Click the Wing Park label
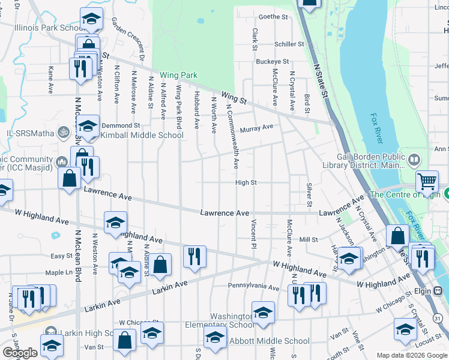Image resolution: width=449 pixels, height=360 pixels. (178, 76)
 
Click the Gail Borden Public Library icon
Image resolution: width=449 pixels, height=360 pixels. (414, 161)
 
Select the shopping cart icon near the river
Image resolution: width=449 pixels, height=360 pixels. (427, 180)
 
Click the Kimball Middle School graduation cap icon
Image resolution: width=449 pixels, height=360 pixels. (88, 126)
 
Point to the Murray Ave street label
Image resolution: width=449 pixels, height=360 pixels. (256, 127)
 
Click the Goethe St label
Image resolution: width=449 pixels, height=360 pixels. (273, 17)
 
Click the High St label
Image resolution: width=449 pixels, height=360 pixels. (246, 182)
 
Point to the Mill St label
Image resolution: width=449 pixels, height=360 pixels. (309, 239)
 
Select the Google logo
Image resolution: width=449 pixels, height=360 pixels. (20, 353)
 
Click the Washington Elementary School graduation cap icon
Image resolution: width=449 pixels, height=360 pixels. (263, 311)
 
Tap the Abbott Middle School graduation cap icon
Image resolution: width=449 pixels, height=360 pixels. (215, 337)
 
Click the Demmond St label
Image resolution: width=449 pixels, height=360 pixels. (120, 125)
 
